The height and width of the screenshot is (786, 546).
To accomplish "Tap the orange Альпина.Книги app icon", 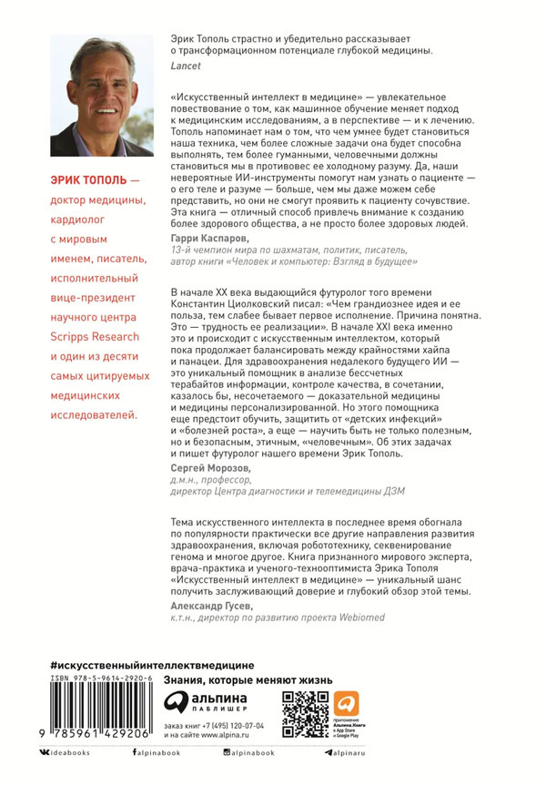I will click(x=346, y=704).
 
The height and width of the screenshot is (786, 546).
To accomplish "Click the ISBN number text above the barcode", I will click(x=101, y=680).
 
